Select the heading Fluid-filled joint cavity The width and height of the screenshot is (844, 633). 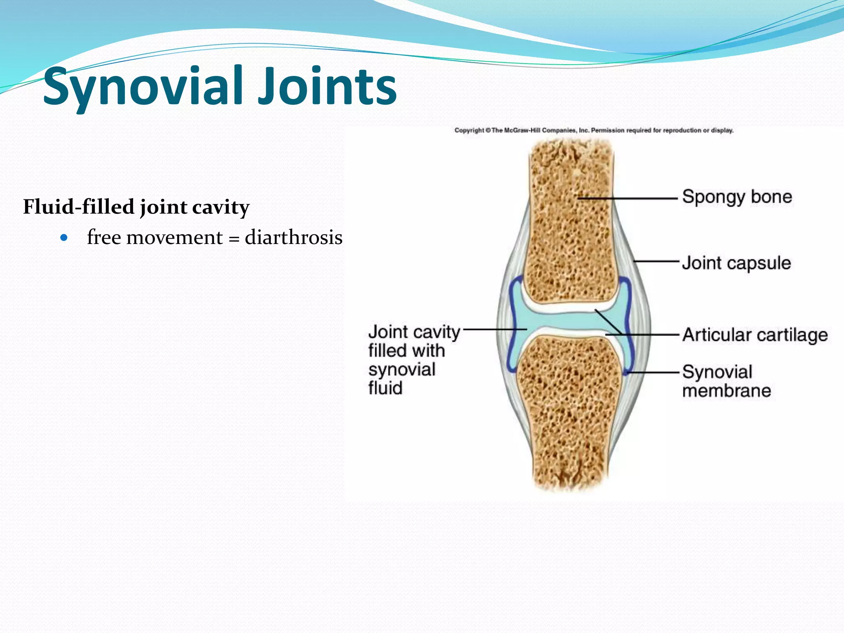tap(136, 207)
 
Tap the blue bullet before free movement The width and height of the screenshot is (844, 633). tap(63, 238)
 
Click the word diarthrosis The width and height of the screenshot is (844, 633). tap(293, 238)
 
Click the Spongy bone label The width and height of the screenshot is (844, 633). tap(737, 197)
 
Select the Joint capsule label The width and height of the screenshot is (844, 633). tap(736, 263)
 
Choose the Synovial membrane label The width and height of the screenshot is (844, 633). tap(726, 381)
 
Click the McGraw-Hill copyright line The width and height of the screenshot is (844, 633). tap(593, 131)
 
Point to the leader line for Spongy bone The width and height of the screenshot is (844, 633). tap(643, 198)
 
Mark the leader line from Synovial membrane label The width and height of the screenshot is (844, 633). tap(653, 372)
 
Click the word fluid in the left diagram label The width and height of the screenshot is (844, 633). tap(385, 388)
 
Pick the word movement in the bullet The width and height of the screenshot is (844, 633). tap(174, 238)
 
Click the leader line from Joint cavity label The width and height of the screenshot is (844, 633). tap(495, 329)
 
